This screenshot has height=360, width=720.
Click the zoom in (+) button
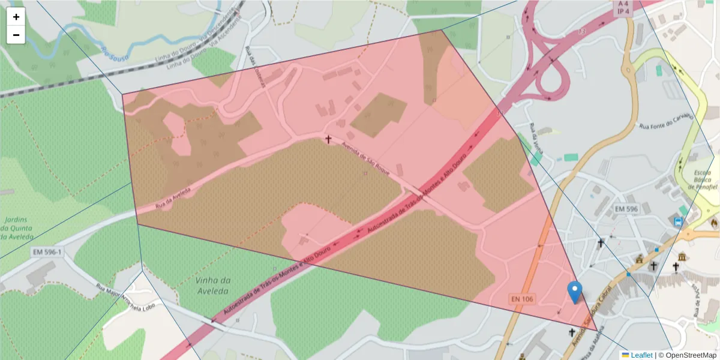tap(16, 17)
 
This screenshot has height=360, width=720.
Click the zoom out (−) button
tap(16, 35)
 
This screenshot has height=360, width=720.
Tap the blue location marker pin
tap(575, 292)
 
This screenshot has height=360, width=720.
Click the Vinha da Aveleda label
tap(213, 286)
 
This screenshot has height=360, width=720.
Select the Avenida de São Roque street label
tap(365, 159)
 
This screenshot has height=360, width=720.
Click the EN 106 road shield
tap(523, 298)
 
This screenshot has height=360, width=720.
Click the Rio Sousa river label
tap(113, 53)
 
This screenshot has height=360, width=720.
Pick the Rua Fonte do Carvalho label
tap(667, 121)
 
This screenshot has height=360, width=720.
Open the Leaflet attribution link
tap(641, 355)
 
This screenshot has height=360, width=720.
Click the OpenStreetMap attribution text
tap(687, 355)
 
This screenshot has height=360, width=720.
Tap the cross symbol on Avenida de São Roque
tap(328, 139)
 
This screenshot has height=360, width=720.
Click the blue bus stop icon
tap(678, 221)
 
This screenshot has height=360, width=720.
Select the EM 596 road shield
tap(626, 209)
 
